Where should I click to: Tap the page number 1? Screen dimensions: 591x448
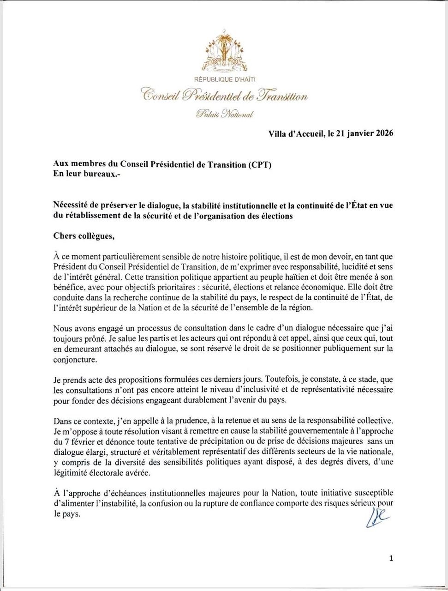pos(391,559)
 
